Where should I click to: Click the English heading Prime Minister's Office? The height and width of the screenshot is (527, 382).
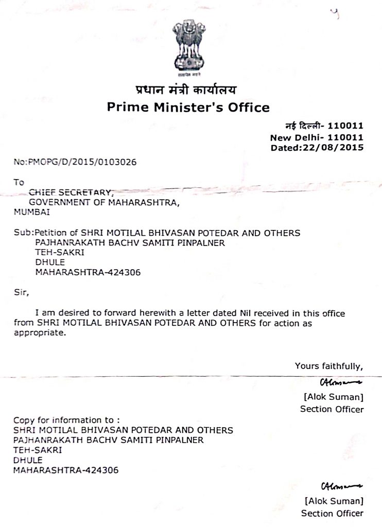click(x=188, y=108)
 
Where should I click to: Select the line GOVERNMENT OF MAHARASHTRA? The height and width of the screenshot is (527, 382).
click(x=105, y=202)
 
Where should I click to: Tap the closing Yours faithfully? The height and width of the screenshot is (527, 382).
click(x=329, y=366)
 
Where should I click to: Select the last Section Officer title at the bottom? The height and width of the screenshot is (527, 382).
click(x=332, y=513)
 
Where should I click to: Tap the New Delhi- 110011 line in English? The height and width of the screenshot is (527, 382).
click(x=317, y=137)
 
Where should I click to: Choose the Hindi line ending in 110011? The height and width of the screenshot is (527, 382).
click(x=324, y=126)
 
